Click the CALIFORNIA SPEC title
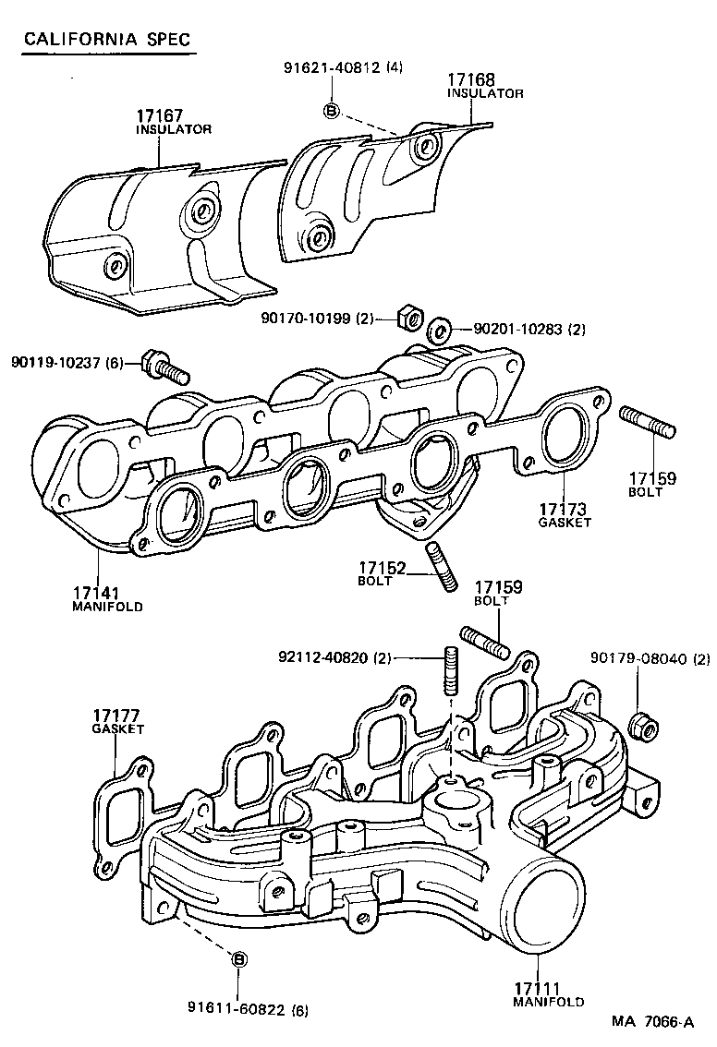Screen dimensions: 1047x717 107,39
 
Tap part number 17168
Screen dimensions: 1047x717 471,80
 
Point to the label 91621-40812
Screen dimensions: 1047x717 332,67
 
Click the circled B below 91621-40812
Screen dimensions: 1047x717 332,112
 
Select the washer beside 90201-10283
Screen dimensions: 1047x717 441,328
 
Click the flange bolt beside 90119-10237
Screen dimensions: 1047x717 165,367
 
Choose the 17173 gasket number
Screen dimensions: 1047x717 565,509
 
